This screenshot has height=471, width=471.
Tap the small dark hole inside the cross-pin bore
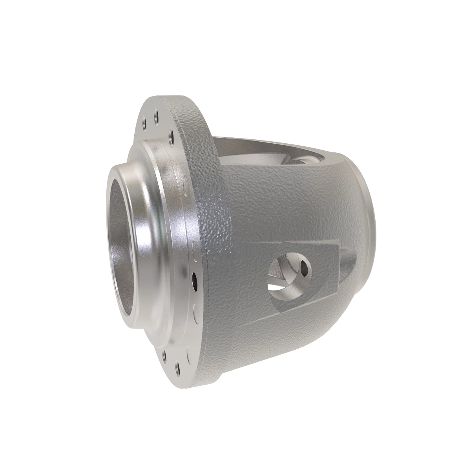pyautogui.click(x=305, y=268)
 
